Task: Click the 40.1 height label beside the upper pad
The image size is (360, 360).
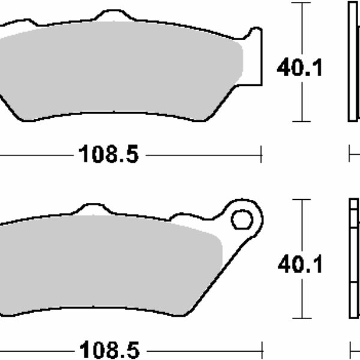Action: (x=299, y=68)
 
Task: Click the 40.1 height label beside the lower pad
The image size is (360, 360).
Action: (x=299, y=264)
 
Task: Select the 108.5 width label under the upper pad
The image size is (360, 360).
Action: (x=109, y=155)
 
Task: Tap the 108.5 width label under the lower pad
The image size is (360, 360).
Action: (x=109, y=349)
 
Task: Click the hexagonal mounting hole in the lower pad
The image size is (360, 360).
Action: (x=242, y=219)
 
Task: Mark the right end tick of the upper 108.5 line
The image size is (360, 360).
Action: (x=262, y=155)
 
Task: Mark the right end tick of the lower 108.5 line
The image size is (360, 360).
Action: (x=262, y=349)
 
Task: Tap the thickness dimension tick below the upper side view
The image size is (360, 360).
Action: (x=350, y=155)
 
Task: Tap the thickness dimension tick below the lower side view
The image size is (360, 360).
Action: (x=350, y=349)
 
